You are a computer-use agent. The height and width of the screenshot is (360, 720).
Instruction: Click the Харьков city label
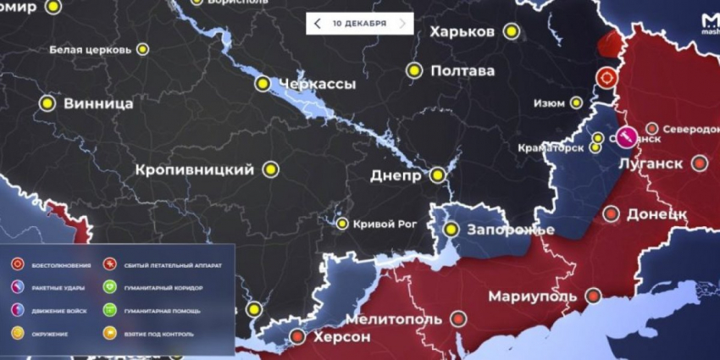pyautogui.click(x=462, y=31)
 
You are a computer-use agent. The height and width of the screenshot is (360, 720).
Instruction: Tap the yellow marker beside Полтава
pyautogui.click(x=414, y=71)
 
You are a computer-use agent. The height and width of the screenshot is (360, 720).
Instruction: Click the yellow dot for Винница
pyautogui.click(x=47, y=103)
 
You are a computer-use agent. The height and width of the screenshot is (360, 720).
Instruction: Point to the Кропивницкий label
pyautogui.click(x=195, y=169)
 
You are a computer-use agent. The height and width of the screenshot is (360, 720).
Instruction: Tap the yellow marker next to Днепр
pyautogui.click(x=437, y=175)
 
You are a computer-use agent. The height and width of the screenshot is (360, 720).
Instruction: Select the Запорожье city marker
pyautogui.click(x=451, y=230)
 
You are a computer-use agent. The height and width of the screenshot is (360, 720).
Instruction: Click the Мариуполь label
pyautogui.click(x=533, y=296)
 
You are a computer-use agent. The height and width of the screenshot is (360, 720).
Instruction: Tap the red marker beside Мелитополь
pyautogui.click(x=458, y=318)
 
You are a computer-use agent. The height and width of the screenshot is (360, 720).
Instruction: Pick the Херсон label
pyautogui.click(x=342, y=336)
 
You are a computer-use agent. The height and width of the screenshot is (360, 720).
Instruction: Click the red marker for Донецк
pyautogui.click(x=611, y=213)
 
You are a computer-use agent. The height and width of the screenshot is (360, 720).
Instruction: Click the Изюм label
pyautogui.click(x=549, y=103)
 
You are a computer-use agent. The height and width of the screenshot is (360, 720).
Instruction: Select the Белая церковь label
pyautogui.click(x=90, y=50)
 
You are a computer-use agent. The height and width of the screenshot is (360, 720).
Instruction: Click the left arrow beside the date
pyautogui.click(x=317, y=24)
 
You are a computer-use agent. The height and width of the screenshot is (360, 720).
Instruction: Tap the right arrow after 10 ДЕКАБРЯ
pyautogui.click(x=402, y=24)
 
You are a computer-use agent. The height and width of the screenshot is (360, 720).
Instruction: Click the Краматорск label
pyautogui.click(x=551, y=147)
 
